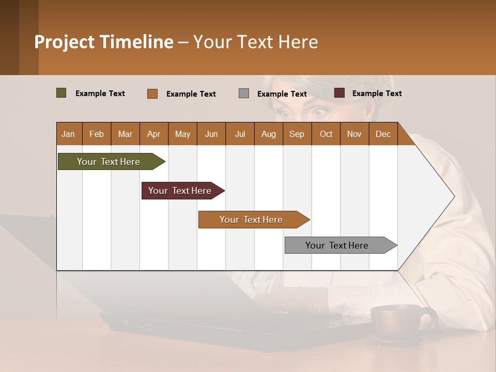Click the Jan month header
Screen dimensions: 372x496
coord(68,134)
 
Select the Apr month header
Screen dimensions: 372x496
coord(154,134)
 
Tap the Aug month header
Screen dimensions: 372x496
coord(269,134)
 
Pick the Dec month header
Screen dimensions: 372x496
coord(383,134)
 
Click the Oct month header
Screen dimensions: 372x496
coord(326,134)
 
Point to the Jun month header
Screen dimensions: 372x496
coord(211,134)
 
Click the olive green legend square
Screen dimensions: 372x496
coord(61,93)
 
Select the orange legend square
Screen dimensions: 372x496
coord(152,94)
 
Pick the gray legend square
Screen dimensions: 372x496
coord(244,94)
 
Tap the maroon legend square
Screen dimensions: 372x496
coord(339,93)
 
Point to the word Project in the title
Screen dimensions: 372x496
coord(64,42)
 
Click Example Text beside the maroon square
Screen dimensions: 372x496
coord(377,94)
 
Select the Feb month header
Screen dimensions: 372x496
coord(97,134)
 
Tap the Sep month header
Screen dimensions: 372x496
coord(297,134)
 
